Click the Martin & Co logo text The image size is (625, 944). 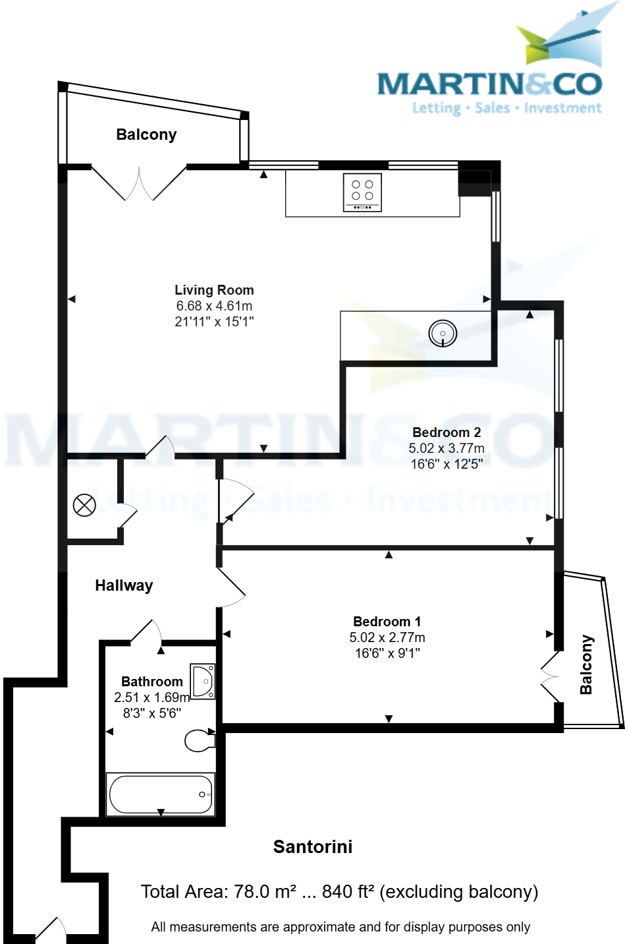pyautogui.click(x=489, y=84)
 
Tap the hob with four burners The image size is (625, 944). pyautogui.click(x=362, y=192)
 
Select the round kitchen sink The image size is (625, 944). pyautogui.click(x=443, y=334)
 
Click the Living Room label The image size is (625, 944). pyautogui.click(x=214, y=290)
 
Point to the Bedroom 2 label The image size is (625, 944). pyautogui.click(x=447, y=432)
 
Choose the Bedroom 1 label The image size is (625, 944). pyautogui.click(x=387, y=622)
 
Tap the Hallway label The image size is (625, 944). pyautogui.click(x=124, y=585)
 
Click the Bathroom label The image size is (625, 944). pyautogui.click(x=152, y=682)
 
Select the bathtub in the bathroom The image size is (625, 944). pyautogui.click(x=161, y=794)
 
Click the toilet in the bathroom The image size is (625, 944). pyautogui.click(x=199, y=740)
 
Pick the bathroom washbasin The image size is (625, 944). pyautogui.click(x=203, y=681)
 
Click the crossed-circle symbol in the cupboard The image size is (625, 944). pyautogui.click(x=84, y=506)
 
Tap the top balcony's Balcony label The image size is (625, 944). pyautogui.click(x=146, y=134)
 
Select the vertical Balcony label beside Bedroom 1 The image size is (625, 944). pyautogui.click(x=585, y=664)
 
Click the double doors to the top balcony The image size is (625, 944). pyautogui.click(x=139, y=183)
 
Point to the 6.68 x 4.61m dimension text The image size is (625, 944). pyautogui.click(x=214, y=306)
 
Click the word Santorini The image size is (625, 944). pyautogui.click(x=313, y=847)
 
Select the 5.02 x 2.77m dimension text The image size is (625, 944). pyautogui.click(x=387, y=637)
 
